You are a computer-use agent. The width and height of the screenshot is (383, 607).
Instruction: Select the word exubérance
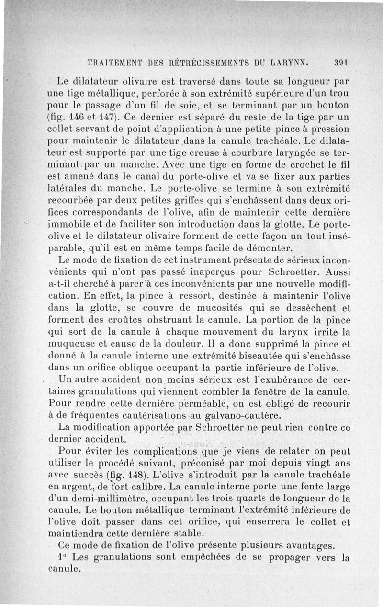point(281,380)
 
